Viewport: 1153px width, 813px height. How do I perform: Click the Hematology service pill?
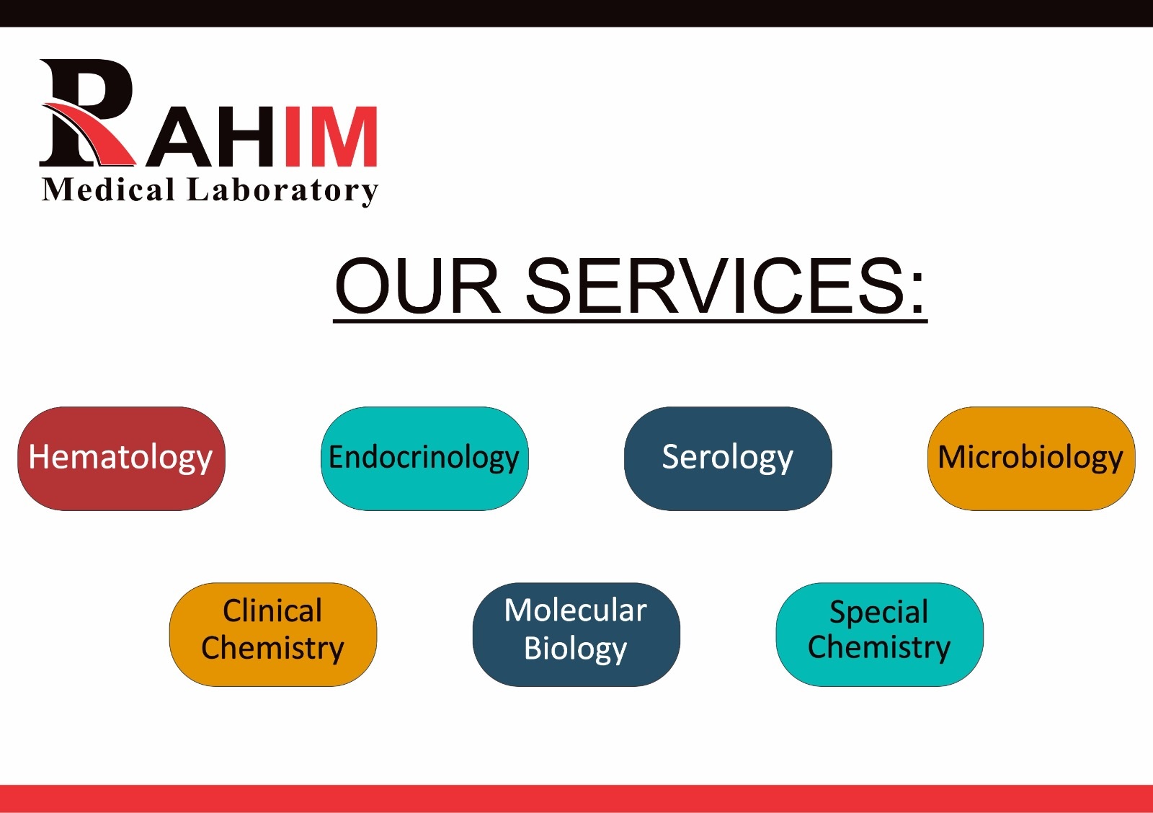coord(122,459)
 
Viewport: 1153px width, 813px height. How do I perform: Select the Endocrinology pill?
coord(424,459)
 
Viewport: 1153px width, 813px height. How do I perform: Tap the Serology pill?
coord(728,459)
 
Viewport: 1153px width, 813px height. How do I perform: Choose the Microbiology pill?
coord(1031,459)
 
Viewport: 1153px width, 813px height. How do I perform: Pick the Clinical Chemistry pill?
coord(273,634)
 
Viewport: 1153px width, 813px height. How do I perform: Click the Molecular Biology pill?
coord(576,634)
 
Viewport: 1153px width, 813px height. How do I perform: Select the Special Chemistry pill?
coord(880,634)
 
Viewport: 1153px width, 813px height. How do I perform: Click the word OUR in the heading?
coord(417,285)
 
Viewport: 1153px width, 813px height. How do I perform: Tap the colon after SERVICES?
coord(917,293)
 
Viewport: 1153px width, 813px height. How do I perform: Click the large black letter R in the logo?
coord(87,112)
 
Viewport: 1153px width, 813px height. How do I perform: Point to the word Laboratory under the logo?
coord(282,191)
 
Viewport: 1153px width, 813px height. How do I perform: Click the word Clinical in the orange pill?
coord(273,611)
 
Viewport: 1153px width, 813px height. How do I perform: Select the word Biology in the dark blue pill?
coord(576,649)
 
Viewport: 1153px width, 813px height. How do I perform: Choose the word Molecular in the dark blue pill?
coord(576,610)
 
